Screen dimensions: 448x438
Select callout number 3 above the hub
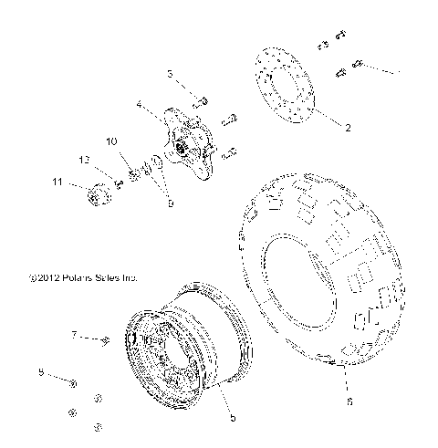pyautogui.click(x=170, y=73)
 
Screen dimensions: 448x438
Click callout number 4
pyautogui.click(x=139, y=105)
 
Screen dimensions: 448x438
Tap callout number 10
pyautogui.click(x=110, y=141)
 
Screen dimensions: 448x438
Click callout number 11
pyautogui.click(x=58, y=183)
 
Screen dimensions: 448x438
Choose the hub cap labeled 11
pyautogui.click(x=93, y=196)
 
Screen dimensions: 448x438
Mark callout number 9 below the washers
pyautogui.click(x=169, y=204)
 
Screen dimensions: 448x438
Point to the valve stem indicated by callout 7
pyautogui.click(x=107, y=342)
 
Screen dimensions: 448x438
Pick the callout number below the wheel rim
pyautogui.click(x=234, y=418)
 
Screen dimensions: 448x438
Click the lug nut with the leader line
pyautogui.click(x=74, y=383)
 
